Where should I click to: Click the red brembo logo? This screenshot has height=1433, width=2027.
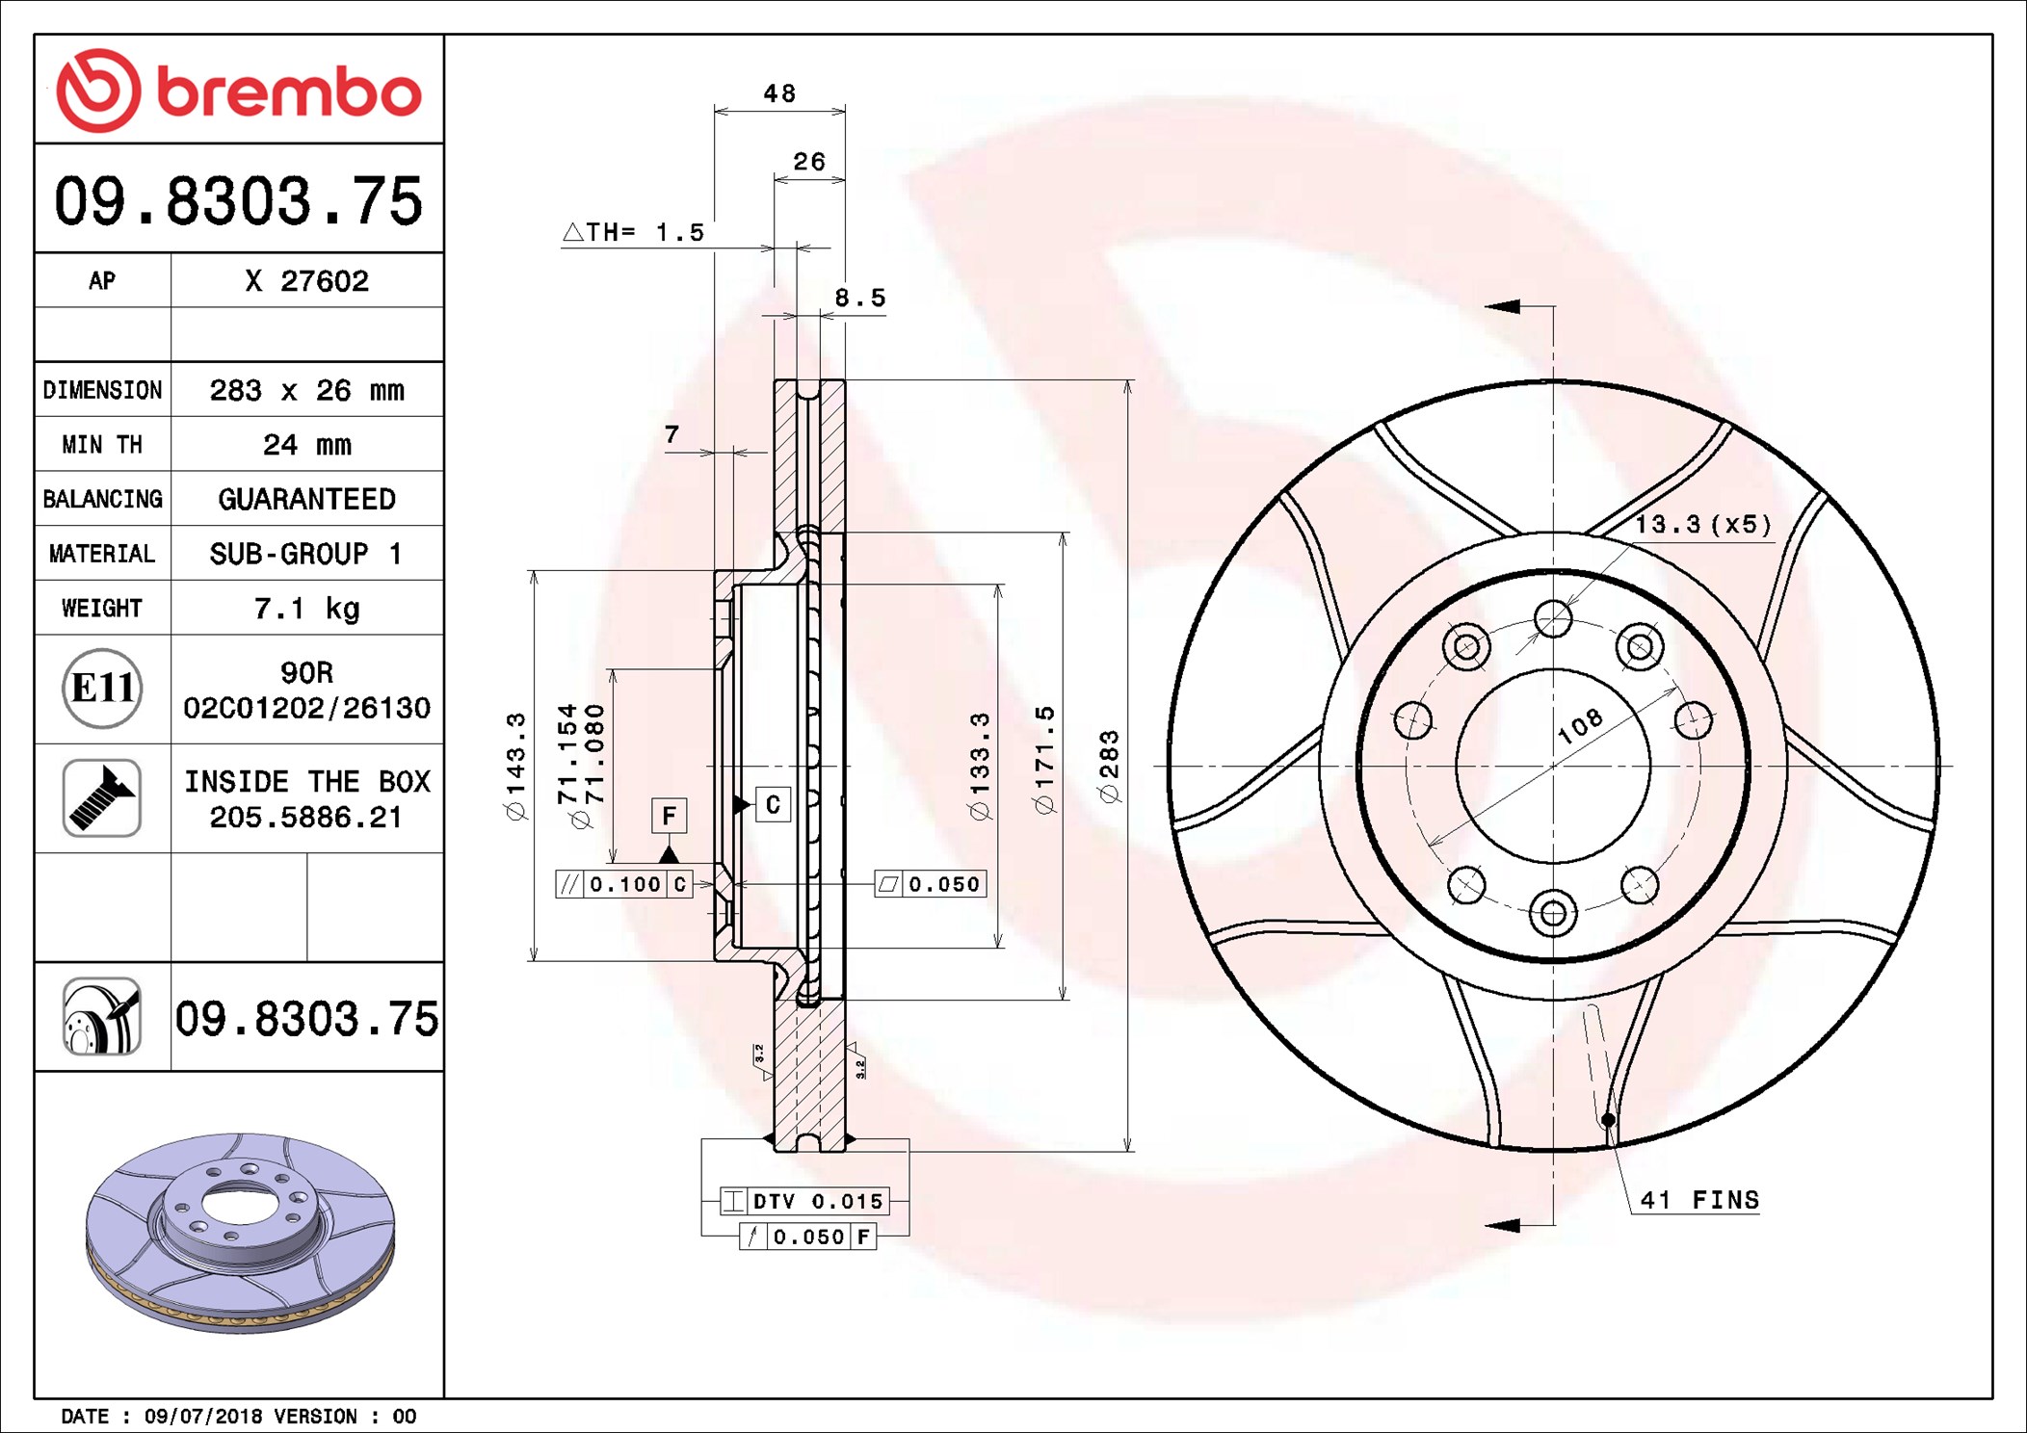(x=238, y=91)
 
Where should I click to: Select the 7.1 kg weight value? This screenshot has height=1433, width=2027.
(x=306, y=609)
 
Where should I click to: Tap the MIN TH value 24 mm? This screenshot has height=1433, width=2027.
(x=306, y=445)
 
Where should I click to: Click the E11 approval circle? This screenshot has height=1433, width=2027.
(x=102, y=689)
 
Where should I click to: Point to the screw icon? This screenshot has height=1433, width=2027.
(x=102, y=797)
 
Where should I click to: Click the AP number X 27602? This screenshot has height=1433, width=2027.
(x=306, y=281)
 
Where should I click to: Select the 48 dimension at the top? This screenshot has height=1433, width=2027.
(x=779, y=93)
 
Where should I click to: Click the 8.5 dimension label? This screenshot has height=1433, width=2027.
(x=859, y=299)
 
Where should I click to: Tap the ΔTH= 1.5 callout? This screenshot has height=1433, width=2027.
(x=635, y=232)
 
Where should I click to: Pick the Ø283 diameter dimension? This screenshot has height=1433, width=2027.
(x=1109, y=767)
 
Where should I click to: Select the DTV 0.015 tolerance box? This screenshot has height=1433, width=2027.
(x=805, y=1201)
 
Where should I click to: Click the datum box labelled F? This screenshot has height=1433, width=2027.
(x=669, y=816)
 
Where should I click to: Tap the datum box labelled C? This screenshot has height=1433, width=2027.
(x=773, y=804)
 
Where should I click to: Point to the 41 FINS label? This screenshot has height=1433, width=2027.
(x=1699, y=1200)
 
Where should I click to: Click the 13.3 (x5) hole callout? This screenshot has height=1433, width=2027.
(x=1702, y=525)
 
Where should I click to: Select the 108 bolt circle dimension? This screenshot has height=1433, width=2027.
(x=1580, y=725)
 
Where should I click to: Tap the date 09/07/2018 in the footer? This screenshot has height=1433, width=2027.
(x=202, y=1416)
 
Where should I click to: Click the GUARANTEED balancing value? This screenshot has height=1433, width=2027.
(x=306, y=499)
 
